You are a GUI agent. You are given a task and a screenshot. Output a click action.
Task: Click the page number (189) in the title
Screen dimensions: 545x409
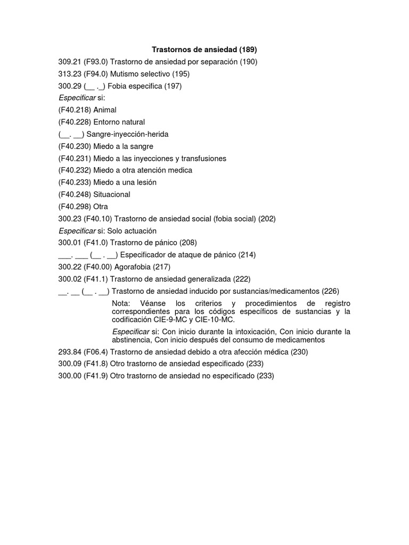tap(248, 49)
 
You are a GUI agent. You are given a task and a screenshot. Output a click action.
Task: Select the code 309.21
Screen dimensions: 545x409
tap(69, 62)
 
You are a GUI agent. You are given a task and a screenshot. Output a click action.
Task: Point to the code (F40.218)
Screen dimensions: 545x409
tap(75, 110)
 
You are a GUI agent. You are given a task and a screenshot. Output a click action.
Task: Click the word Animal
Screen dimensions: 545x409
tap(105, 110)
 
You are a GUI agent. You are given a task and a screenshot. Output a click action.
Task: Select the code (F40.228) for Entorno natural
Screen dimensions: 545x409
tap(75, 122)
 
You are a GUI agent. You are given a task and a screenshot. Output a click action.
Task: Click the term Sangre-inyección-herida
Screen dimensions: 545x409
tap(127, 134)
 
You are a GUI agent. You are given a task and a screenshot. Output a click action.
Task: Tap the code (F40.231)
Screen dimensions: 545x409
tap(75, 158)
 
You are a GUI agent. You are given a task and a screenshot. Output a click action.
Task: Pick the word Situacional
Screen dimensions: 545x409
tap(112, 194)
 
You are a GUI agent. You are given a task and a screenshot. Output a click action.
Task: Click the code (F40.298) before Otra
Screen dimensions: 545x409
tap(75, 207)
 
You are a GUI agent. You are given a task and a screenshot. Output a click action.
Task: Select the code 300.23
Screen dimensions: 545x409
tap(69, 218)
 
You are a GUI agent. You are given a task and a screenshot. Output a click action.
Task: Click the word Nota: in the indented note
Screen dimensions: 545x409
tap(121, 303)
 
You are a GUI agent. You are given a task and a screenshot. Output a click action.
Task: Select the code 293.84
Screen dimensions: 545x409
tap(69, 352)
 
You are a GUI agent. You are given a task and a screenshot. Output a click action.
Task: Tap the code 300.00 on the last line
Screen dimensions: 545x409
tap(69, 376)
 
